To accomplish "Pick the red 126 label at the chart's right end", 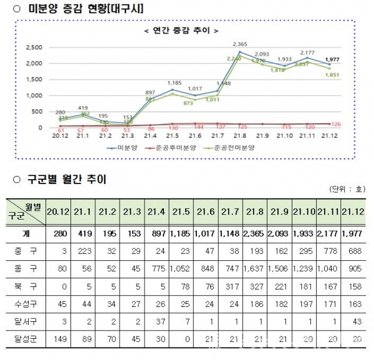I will pos(353,124).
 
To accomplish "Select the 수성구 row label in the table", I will pos(26,305).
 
